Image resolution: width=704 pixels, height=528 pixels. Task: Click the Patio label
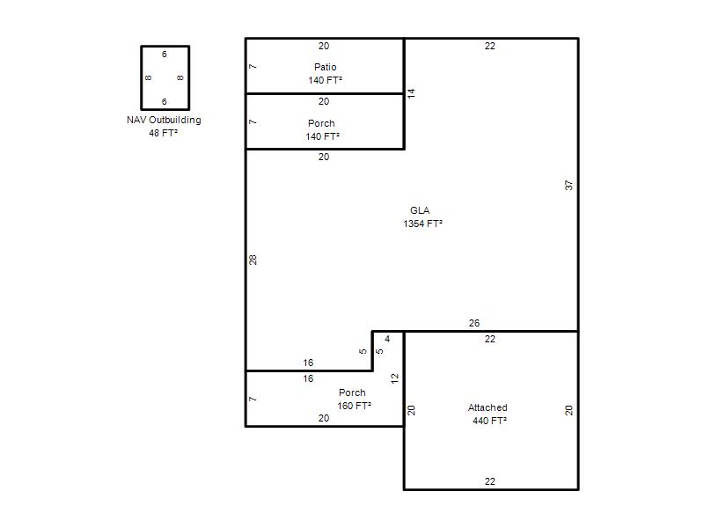click(325, 67)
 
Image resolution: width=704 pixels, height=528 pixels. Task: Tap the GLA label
click(420, 210)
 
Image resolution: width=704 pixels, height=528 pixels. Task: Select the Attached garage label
click(488, 407)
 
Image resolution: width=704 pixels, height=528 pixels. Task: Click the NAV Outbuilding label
click(164, 120)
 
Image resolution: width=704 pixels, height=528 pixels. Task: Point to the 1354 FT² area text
click(422, 224)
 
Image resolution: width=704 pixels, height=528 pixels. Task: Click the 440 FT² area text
click(489, 421)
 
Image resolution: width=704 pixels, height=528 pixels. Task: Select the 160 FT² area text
click(355, 406)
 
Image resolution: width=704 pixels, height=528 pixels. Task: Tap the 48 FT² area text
click(163, 133)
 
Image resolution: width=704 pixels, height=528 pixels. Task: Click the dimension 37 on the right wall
click(568, 185)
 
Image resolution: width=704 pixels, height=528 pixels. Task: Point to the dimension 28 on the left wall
click(253, 260)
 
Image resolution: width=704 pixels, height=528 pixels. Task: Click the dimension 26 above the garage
click(474, 323)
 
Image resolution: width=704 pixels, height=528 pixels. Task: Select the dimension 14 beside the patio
click(411, 93)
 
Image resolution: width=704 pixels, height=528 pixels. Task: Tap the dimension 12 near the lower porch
click(394, 378)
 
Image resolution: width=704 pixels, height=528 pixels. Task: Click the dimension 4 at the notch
click(387, 339)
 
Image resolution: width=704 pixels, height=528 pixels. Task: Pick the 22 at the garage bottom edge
click(490, 481)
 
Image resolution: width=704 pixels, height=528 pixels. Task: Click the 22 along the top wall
click(490, 46)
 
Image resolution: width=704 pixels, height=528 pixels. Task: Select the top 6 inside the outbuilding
click(165, 54)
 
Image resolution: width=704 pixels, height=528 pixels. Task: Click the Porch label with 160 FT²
click(352, 392)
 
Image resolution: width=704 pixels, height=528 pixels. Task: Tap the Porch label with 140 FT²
click(321, 123)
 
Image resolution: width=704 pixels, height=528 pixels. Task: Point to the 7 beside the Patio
click(253, 67)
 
